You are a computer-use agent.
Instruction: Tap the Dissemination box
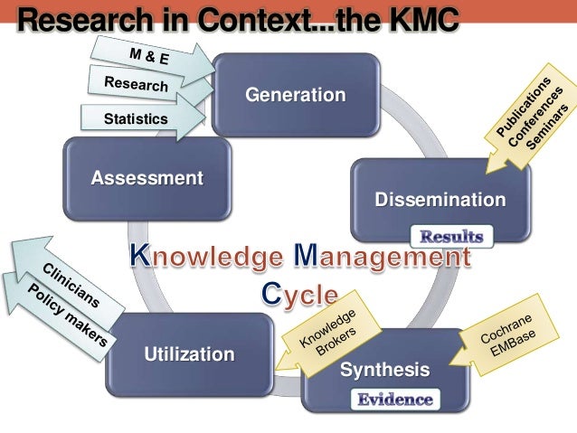click(x=440, y=200)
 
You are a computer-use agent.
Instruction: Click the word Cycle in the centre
click(x=299, y=295)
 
